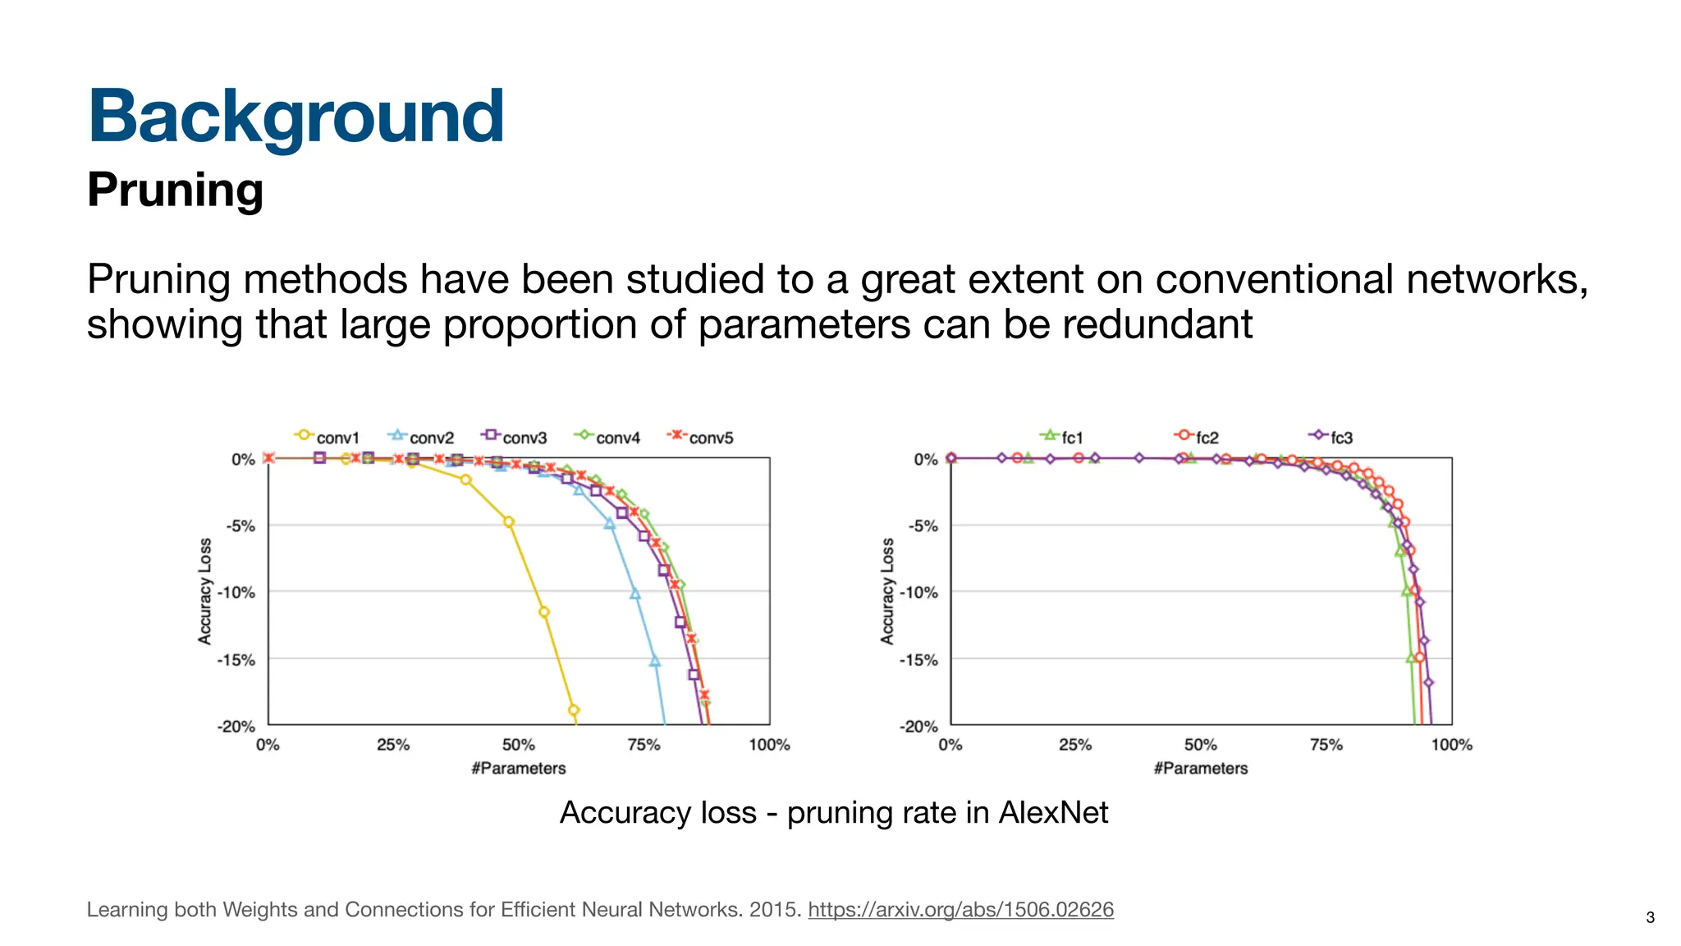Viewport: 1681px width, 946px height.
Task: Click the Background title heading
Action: tap(295, 117)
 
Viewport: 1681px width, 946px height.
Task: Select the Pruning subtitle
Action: tap(175, 190)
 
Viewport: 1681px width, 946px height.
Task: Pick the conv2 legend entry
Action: tap(422, 437)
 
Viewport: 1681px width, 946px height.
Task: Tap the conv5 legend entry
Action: tap(702, 437)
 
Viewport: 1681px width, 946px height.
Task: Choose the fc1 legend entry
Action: tap(1064, 437)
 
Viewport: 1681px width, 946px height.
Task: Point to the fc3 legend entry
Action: tap(1332, 437)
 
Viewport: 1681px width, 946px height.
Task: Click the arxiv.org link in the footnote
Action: tap(960, 910)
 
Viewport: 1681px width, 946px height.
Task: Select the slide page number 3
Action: tap(1650, 917)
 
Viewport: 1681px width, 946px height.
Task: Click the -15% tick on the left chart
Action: tap(236, 659)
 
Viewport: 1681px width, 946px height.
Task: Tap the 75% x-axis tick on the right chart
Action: tap(1326, 745)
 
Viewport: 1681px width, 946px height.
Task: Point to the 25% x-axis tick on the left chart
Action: tap(393, 745)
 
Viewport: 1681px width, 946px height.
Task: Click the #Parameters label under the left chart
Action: tap(519, 769)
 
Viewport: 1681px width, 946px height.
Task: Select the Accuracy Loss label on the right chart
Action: tap(887, 591)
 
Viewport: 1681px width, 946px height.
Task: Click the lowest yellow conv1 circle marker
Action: tap(574, 710)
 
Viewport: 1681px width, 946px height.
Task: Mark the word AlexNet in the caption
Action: tap(1053, 813)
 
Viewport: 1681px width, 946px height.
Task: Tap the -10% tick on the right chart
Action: tap(919, 592)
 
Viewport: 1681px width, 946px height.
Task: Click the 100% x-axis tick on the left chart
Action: tap(769, 745)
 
